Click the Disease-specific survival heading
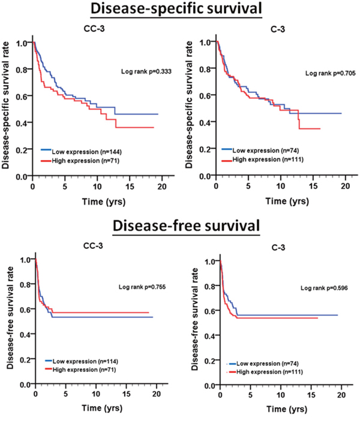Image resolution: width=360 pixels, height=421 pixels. pyautogui.click(x=180, y=10)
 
